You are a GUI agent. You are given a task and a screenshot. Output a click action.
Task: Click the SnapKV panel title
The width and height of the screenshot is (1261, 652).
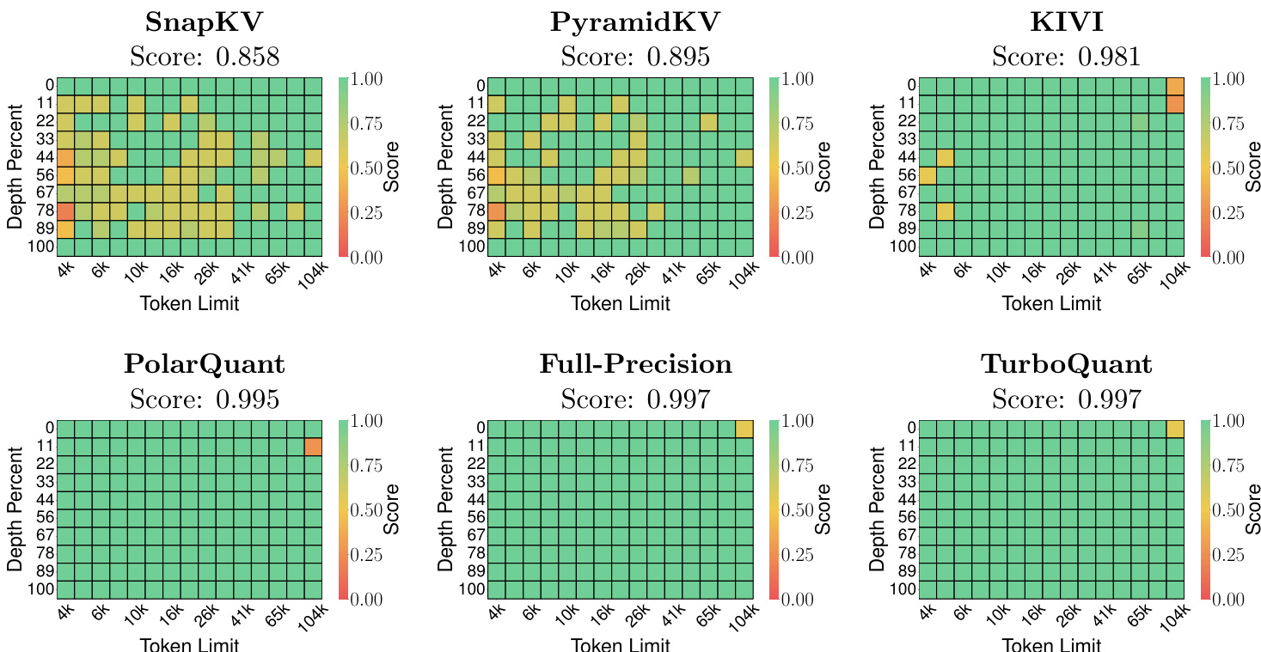point(205,22)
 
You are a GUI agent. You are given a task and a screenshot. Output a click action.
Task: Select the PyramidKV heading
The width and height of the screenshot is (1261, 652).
point(635,22)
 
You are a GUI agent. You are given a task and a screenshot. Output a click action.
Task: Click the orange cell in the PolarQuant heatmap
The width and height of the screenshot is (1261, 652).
point(313,447)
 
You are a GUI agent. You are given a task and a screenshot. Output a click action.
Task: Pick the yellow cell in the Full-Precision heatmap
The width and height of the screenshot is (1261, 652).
point(744,430)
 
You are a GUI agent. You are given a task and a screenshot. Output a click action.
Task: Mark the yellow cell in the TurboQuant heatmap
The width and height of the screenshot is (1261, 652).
point(1175,430)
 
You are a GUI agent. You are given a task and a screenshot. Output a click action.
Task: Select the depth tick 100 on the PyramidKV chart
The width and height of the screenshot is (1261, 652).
point(473,247)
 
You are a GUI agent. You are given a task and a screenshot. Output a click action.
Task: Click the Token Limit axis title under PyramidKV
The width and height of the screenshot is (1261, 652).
point(621,303)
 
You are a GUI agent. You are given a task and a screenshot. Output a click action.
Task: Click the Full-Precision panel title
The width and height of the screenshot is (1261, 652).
point(635,364)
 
